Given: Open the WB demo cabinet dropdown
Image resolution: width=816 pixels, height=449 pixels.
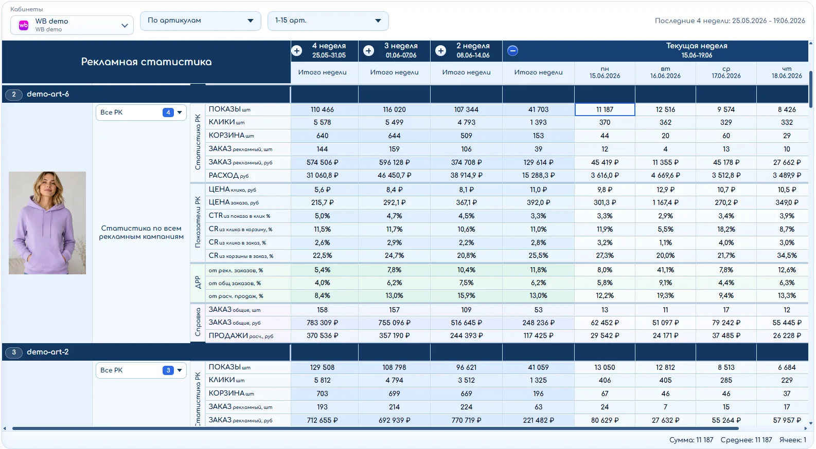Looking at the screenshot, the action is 72,25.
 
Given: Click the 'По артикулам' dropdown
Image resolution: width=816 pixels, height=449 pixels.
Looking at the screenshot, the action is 200,21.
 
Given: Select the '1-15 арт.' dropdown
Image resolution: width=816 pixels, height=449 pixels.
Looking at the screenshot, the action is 328,21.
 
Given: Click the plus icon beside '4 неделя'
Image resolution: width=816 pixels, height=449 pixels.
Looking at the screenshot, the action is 297,50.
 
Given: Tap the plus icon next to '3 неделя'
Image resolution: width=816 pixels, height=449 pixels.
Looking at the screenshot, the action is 369,50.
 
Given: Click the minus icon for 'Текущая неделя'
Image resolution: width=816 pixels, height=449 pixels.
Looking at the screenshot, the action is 512,50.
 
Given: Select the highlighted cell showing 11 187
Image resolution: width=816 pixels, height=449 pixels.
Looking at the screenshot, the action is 605,109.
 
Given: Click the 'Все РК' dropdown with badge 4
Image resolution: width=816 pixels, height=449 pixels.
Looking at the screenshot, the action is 141,113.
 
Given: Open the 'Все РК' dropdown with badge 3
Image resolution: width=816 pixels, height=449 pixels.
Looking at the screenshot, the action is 141,370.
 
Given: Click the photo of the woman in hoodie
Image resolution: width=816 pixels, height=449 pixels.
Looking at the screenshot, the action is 47,222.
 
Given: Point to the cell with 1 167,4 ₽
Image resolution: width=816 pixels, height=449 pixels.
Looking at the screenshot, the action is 665,203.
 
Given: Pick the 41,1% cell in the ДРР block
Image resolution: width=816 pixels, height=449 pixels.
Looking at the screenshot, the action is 665,270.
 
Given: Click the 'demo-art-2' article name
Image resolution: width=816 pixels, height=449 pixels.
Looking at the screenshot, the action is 48,352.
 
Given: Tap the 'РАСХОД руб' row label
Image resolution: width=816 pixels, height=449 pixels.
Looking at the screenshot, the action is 228,176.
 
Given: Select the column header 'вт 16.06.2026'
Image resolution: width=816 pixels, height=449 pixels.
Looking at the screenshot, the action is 665,72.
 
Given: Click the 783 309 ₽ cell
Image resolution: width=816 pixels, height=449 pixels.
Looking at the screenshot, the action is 323,323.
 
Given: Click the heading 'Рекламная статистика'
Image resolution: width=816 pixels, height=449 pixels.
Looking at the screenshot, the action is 146,62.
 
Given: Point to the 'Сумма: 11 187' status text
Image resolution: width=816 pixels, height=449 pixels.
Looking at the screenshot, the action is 691,440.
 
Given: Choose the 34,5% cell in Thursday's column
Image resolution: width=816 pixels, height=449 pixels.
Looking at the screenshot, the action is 787,256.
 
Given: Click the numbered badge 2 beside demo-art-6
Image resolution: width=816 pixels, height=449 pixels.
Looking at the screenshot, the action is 14,95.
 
